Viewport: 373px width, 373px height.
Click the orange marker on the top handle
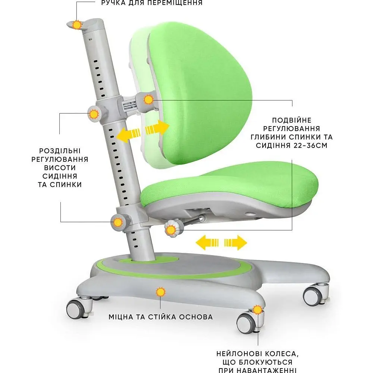coord(77,25)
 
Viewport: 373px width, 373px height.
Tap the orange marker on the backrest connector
coord(149,100)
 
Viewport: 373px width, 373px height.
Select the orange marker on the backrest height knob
coord(94,114)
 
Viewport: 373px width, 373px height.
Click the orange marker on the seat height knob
coord(118,222)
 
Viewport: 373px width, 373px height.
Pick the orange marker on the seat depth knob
coord(170,230)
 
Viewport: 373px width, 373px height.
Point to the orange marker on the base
coord(160,292)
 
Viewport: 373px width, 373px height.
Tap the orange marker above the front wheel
coord(257,310)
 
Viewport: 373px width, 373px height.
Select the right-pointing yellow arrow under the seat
coord(236,243)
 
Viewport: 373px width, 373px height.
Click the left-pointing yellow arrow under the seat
coord(207,243)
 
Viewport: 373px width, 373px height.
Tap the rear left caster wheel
coord(75,309)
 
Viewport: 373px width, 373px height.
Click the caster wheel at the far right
coord(313,297)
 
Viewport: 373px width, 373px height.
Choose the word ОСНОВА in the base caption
coord(196,317)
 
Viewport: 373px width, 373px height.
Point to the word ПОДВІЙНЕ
coord(292,120)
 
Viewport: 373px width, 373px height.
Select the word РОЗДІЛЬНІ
coord(60,151)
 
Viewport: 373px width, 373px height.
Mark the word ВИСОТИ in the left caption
coord(60,168)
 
